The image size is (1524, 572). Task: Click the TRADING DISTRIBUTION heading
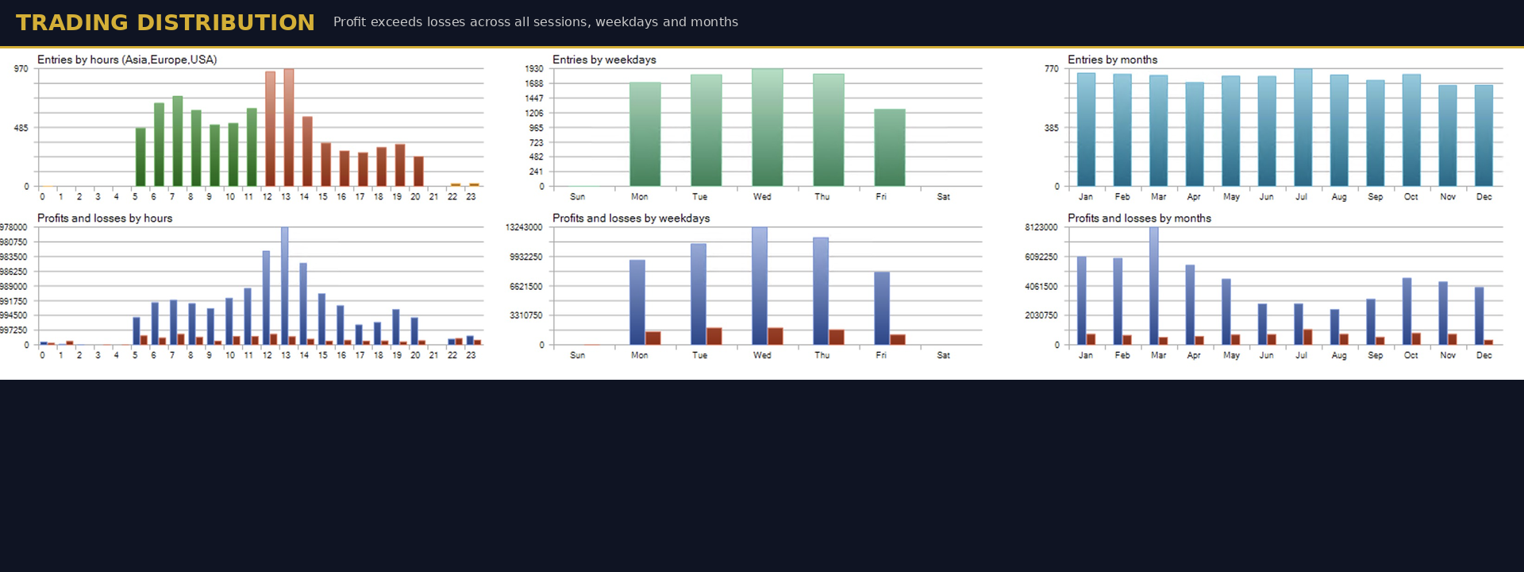[165, 22]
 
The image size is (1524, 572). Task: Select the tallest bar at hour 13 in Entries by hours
[289, 127]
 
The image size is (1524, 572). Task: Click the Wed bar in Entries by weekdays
[767, 127]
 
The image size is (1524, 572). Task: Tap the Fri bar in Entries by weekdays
[889, 148]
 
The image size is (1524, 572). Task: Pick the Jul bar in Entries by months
[1303, 127]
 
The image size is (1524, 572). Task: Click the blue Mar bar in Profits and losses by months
[1154, 286]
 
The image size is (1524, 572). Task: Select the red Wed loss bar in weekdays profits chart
[775, 336]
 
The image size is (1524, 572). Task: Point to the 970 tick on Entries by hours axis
[21, 69]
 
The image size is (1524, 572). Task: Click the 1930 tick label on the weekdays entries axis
[534, 69]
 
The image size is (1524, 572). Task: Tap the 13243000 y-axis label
[524, 228]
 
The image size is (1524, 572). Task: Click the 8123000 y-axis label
[1041, 228]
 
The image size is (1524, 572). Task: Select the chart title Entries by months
[1112, 60]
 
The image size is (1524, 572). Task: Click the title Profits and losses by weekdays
[631, 218]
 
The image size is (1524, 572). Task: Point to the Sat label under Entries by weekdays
[943, 197]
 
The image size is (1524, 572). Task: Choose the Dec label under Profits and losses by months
[1484, 355]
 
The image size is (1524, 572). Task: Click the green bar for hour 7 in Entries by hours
[178, 141]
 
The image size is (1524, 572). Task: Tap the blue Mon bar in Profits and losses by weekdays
[637, 302]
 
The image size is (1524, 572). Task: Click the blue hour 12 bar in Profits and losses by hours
[267, 298]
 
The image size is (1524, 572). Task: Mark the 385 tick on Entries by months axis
[1051, 128]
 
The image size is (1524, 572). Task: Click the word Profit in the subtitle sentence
[350, 22]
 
